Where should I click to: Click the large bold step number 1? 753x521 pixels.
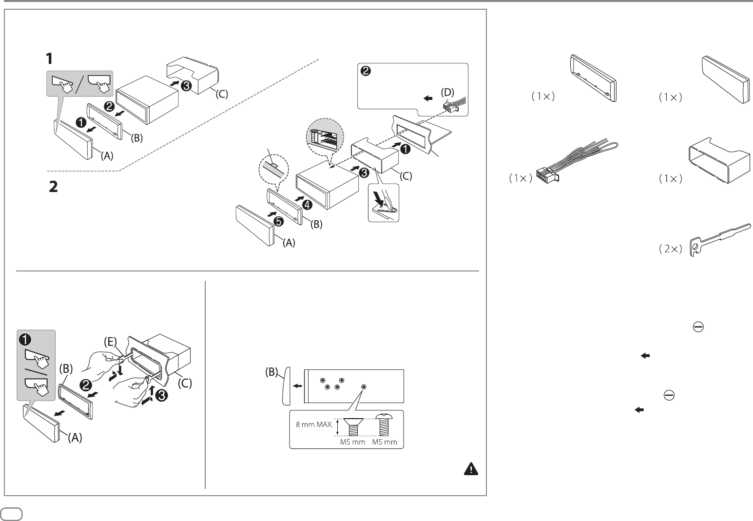[x=50, y=59]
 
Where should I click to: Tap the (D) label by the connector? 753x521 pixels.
[x=446, y=91]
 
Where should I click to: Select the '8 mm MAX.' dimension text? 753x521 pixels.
[x=315, y=425]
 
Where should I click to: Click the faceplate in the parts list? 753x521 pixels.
[x=724, y=78]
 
